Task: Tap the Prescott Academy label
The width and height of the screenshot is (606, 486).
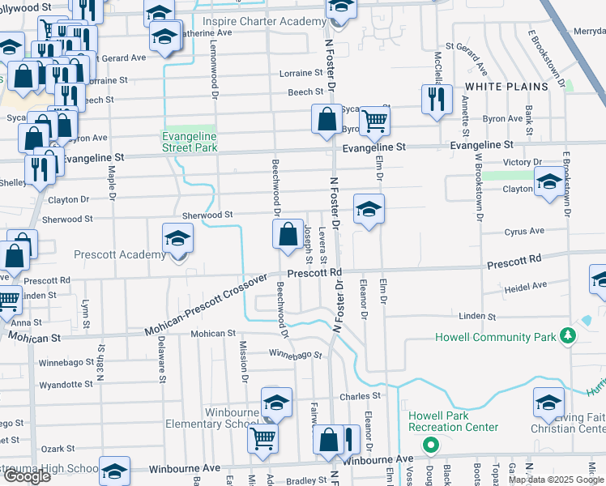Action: (x=119, y=254)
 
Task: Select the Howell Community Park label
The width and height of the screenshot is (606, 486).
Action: (x=497, y=337)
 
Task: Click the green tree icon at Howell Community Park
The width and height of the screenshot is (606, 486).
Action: (x=570, y=335)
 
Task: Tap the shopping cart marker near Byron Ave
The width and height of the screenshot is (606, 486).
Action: (x=374, y=122)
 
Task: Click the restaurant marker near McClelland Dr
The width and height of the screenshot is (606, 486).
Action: (x=437, y=100)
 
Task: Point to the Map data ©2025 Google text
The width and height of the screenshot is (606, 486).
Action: (x=557, y=480)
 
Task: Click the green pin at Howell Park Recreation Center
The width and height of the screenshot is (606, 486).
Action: (x=431, y=445)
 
